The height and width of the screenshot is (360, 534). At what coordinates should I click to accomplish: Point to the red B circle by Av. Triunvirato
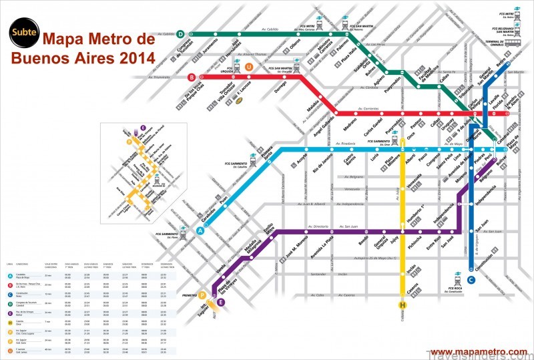coord(192,76)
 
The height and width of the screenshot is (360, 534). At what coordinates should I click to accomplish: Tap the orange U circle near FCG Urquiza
coord(249,67)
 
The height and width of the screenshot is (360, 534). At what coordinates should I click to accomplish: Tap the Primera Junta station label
coord(267,160)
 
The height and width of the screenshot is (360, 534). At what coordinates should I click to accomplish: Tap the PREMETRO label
coord(191,295)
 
